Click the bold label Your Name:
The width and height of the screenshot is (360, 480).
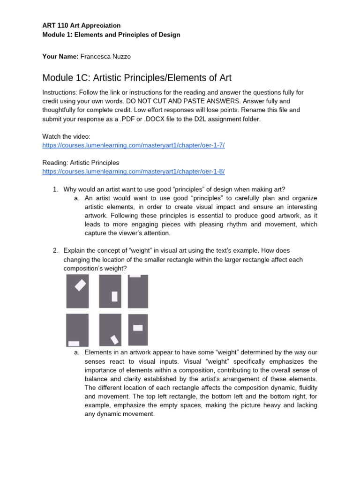click(60, 56)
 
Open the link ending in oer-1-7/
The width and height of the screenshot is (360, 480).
click(133, 145)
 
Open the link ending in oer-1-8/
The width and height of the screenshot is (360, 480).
click(133, 171)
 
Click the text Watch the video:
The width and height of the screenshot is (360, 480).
click(69, 136)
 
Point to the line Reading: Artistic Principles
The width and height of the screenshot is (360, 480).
click(81, 162)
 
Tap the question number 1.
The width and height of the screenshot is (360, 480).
click(55, 189)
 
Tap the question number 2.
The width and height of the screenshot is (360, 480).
click(55, 251)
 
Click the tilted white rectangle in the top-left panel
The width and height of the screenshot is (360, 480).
click(81, 285)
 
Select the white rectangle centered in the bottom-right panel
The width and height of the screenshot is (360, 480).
click(137, 328)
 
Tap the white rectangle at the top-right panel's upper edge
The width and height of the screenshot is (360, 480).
click(135, 276)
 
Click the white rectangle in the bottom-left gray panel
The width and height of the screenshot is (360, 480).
click(74, 344)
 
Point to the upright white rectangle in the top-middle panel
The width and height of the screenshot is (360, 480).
click(114, 296)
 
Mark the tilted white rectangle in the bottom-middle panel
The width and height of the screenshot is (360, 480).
click(114, 339)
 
